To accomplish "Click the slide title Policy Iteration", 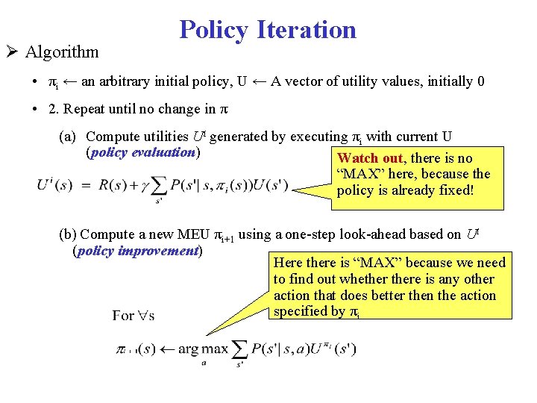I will click(268, 30).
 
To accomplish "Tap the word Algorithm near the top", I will click(61, 51).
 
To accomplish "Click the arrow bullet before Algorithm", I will click(13, 51).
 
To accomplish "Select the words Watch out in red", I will click(370, 157).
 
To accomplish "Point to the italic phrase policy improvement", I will click(136, 251).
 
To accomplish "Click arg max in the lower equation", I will click(203, 349).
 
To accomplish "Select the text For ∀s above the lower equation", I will click(133, 315).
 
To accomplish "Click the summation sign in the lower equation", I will click(241, 349).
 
